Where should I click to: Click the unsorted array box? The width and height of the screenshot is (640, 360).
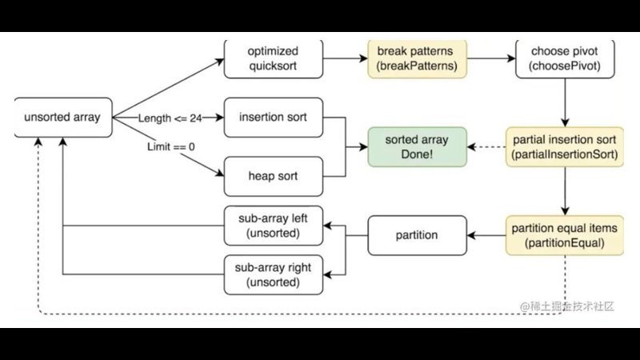click(x=63, y=118)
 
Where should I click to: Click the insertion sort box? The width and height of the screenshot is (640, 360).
click(x=273, y=118)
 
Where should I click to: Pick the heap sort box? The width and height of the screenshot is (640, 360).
click(x=273, y=176)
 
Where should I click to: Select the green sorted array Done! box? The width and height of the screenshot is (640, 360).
click(x=417, y=146)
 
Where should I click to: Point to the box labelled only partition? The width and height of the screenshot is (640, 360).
click(x=417, y=235)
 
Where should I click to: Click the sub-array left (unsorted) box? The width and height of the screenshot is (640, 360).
click(x=273, y=226)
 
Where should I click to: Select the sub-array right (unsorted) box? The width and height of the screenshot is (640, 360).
click(x=273, y=275)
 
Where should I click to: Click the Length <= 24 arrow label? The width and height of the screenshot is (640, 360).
click(x=170, y=118)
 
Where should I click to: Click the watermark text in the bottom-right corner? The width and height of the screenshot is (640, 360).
click(x=566, y=306)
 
